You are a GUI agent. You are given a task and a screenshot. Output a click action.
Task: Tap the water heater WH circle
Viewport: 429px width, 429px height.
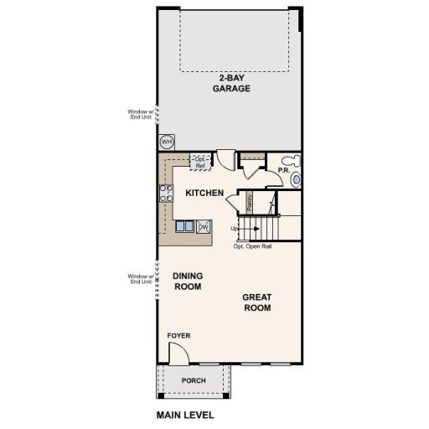(166, 142)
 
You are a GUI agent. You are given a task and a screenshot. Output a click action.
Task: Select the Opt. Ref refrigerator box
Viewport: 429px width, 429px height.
(200, 162)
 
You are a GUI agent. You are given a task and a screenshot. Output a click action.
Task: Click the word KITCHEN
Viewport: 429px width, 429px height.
(204, 194)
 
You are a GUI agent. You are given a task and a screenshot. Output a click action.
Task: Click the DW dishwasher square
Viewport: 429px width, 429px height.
(203, 225)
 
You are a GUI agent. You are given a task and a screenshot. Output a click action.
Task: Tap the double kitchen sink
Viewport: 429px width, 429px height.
(185, 225)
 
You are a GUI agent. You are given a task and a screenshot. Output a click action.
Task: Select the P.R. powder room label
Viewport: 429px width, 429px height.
(283, 172)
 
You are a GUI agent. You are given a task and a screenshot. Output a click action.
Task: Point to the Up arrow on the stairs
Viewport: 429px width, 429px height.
(237, 229)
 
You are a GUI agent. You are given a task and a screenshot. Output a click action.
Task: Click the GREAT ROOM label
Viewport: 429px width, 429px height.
(257, 302)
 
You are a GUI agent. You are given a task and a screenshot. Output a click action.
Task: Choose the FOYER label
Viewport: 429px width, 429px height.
(178, 336)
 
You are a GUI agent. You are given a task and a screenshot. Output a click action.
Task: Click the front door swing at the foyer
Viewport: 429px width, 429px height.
(178, 355)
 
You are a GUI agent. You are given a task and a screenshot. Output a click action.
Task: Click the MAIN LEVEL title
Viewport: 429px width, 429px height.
(185, 415)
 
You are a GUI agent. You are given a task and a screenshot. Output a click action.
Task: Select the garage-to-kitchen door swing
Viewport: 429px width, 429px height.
(226, 159)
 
